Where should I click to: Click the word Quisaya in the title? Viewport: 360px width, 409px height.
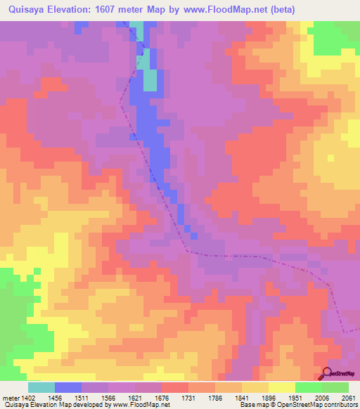pyautogui.click(x=27, y=10)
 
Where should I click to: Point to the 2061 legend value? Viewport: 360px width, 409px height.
pyautogui.click(x=348, y=397)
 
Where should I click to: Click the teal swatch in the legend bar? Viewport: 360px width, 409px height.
pyautogui.click(x=41, y=387)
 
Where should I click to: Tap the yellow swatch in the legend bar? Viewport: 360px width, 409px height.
pyautogui.click(x=282, y=387)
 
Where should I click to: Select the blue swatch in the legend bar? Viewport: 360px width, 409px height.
pyautogui.click(x=68, y=387)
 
